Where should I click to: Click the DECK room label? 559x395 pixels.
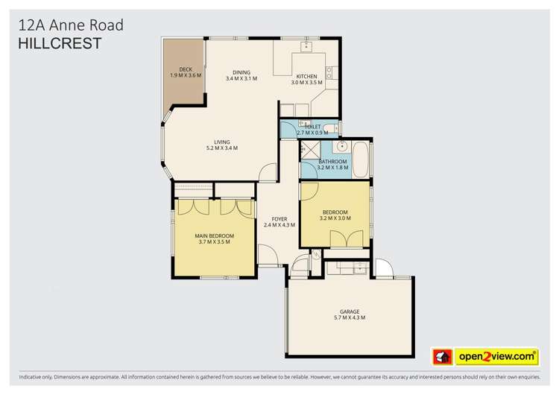click(186, 69)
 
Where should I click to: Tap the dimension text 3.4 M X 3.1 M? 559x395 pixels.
click(241, 78)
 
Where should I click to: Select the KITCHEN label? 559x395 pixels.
click(306, 76)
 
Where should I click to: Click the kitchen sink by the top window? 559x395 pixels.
click(306, 46)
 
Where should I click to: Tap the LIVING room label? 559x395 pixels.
click(222, 142)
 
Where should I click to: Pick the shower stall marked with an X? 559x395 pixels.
click(307, 151)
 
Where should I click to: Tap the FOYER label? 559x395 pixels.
click(279, 218)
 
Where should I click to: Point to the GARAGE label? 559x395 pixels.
click(350, 311)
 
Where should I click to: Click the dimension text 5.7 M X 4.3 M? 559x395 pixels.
click(350, 318)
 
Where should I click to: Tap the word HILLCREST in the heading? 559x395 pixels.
click(60, 44)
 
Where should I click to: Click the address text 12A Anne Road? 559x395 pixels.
click(70, 26)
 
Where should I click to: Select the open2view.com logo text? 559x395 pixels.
click(497, 356)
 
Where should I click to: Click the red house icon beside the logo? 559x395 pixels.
click(443, 356)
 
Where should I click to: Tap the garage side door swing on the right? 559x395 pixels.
click(382, 268)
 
